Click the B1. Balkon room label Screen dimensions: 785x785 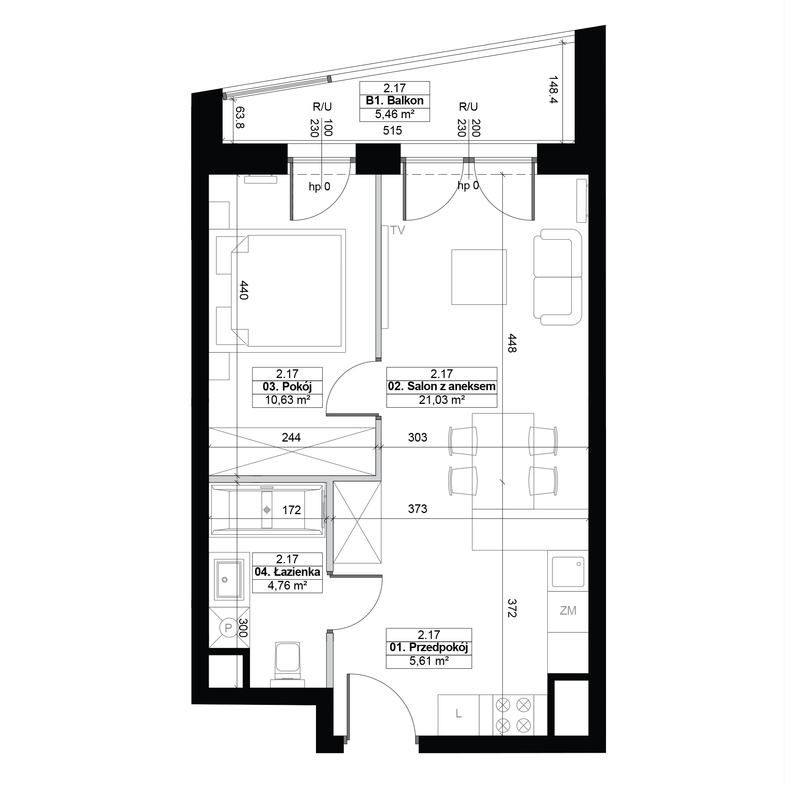(394, 101)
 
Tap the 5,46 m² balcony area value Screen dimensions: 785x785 (394, 114)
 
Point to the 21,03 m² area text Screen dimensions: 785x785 (442, 400)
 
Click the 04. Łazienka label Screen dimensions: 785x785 (287, 572)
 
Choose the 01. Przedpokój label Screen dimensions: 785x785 (429, 647)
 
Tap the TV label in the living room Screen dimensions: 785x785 (397, 230)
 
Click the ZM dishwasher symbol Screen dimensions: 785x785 (568, 611)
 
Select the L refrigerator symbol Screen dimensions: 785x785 (459, 714)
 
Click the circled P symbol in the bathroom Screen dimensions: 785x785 (228, 628)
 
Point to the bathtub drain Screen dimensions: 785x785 (267, 509)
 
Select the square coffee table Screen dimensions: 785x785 (479, 277)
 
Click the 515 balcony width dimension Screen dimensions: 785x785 (392, 130)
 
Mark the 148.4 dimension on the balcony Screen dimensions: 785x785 (553, 89)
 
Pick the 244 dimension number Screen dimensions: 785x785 (291, 438)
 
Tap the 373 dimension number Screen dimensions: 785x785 (418, 509)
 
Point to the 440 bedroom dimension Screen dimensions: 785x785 (244, 290)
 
